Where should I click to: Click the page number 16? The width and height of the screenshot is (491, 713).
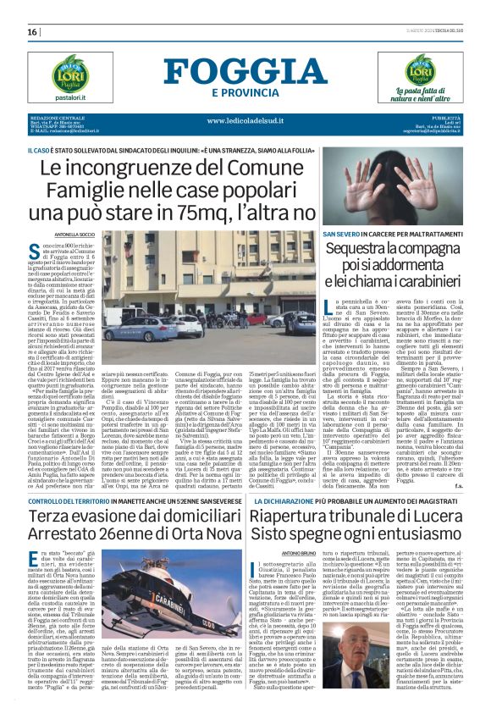(33, 31)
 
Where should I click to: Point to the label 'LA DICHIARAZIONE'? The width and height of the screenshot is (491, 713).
(313, 479)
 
